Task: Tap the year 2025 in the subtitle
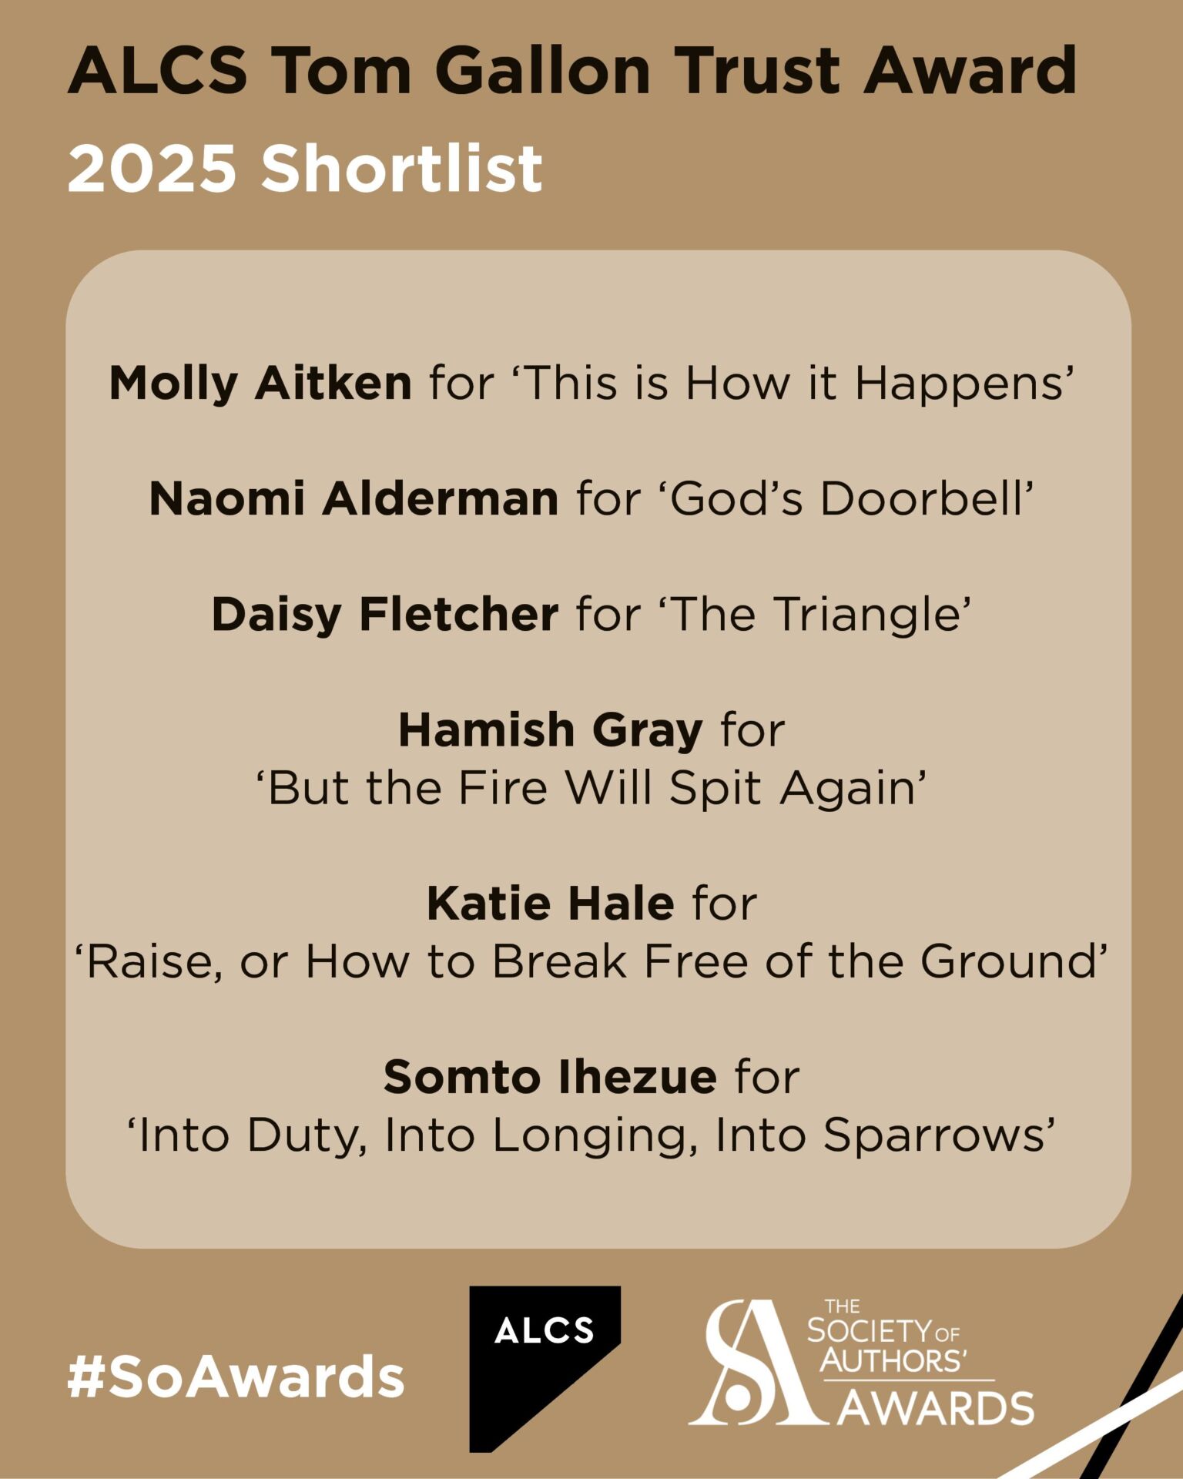(152, 169)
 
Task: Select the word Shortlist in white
(402, 169)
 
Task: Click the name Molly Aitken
(260, 383)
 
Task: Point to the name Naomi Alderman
(354, 498)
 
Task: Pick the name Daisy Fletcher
(385, 615)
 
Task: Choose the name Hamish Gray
(550, 730)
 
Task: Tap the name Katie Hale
(551, 903)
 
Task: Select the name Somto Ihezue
(550, 1077)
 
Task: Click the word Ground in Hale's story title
(1007, 961)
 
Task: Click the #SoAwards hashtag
(236, 1377)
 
